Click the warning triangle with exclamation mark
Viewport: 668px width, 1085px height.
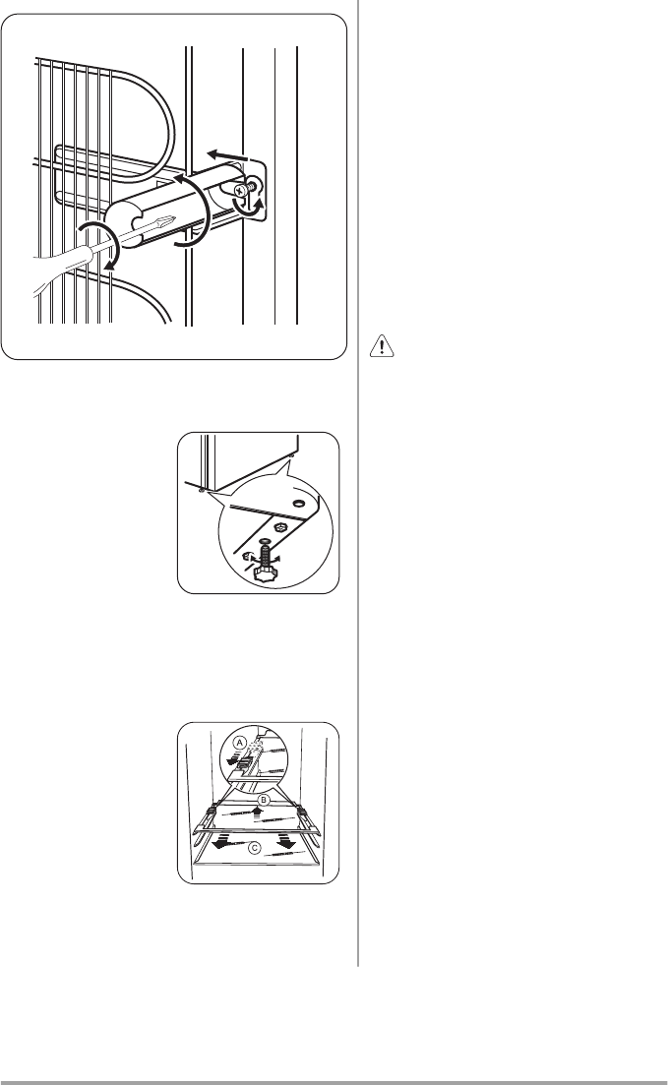382,345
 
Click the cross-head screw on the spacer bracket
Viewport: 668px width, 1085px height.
243,188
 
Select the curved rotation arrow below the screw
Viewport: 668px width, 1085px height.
249,206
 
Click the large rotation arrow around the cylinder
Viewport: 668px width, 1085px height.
193,211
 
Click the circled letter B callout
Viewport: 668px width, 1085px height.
263,800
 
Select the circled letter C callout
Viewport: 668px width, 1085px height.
256,847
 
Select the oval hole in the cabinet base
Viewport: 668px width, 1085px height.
299,503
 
